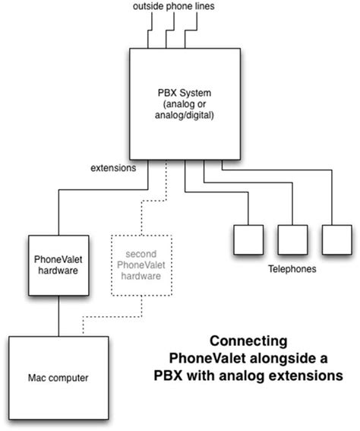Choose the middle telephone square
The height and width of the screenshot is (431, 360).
click(x=292, y=239)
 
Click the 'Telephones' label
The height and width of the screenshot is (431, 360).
click(x=292, y=268)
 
